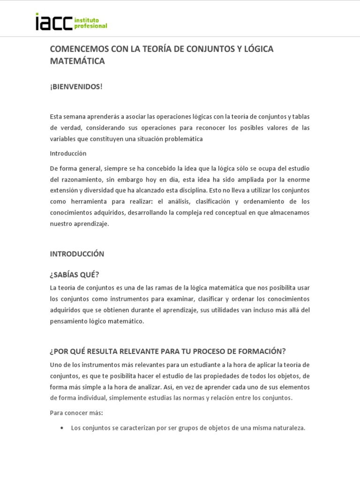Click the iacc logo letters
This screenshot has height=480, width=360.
tap(54, 22)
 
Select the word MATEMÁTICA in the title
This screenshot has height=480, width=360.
tap(77, 61)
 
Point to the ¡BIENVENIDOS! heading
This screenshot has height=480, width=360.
tap(76, 87)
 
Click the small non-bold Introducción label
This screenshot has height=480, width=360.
tap(68, 153)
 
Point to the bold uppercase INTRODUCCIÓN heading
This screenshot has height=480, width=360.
tap(77, 254)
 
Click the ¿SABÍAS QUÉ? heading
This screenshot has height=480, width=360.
tap(75, 275)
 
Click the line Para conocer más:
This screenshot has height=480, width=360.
tap(76, 413)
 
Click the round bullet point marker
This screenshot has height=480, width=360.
tap(62, 428)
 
